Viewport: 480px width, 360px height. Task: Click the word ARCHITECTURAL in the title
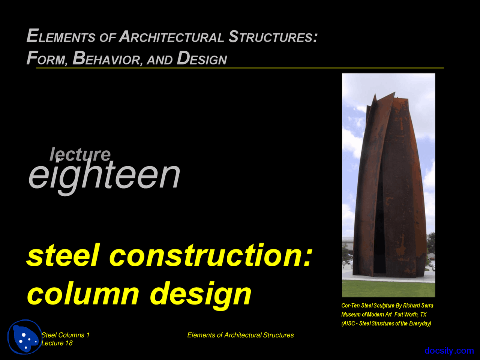pos(172,37)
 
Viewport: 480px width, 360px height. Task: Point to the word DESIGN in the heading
pos(202,58)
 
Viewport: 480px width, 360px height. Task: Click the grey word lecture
pos(80,154)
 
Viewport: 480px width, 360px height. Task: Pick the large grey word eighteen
pos(104,175)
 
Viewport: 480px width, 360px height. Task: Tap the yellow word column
pos(83,294)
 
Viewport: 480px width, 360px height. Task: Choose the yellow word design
pos(201,295)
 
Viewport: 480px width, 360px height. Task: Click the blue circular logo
pos(25,337)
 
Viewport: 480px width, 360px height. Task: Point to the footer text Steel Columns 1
pos(66,335)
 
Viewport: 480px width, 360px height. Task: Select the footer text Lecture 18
pos(57,343)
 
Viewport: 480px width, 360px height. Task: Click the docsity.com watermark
pos(449,351)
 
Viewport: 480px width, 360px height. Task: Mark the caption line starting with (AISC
pos(386,324)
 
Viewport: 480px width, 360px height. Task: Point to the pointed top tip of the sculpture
pos(394,93)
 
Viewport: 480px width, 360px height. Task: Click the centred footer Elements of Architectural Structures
pos(240,335)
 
